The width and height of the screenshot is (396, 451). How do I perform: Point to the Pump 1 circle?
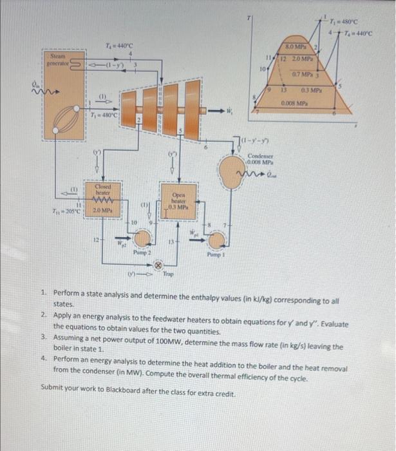[x=217, y=240]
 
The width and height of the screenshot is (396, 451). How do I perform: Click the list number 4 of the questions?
[x=42, y=358]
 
